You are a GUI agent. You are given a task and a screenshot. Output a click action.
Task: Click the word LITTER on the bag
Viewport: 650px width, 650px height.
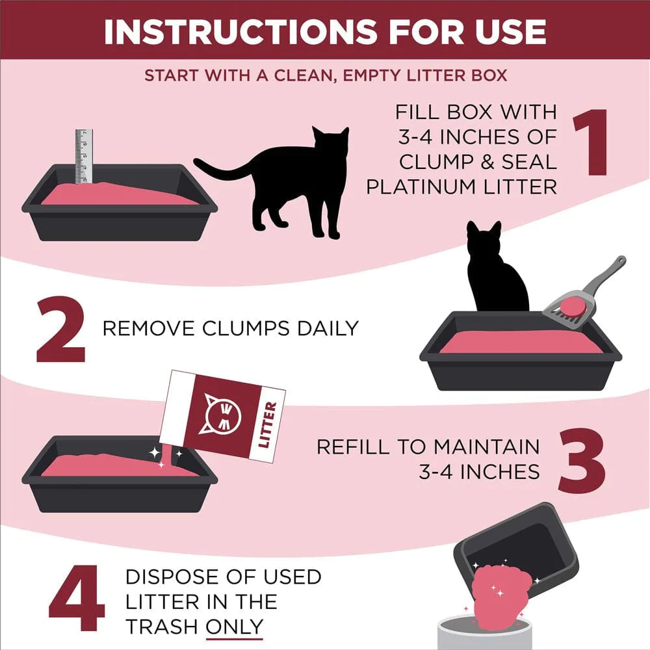tap(267, 426)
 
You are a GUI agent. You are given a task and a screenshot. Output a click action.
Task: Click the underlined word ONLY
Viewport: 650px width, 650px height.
tap(235, 626)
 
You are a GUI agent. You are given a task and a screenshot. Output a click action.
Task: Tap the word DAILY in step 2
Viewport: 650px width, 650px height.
tap(328, 328)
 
